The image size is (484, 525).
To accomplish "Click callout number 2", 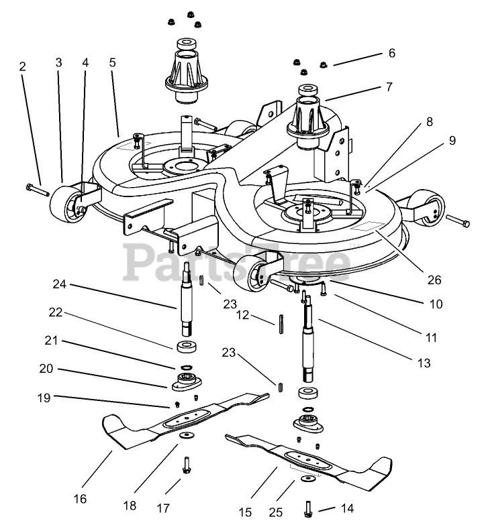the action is [x=22, y=66].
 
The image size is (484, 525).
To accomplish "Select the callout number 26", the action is [x=434, y=280].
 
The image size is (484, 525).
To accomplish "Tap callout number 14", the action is [x=347, y=509].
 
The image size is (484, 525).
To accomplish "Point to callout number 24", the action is [x=60, y=284].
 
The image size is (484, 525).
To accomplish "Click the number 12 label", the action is [x=242, y=314].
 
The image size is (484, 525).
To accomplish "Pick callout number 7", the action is [x=389, y=86].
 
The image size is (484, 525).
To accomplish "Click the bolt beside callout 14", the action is [x=309, y=509].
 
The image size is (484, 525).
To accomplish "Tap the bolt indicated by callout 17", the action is [x=187, y=465].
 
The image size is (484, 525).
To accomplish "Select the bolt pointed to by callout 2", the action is [x=38, y=190].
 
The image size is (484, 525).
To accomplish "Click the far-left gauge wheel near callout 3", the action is [x=66, y=205].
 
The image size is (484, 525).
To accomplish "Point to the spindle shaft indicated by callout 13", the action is [x=308, y=339].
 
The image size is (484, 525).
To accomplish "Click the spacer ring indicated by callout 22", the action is [x=187, y=347].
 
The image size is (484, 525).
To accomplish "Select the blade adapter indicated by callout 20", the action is [x=186, y=382].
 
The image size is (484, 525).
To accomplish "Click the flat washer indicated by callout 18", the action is [x=184, y=435].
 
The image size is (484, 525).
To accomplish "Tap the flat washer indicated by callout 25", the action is [x=305, y=478].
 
